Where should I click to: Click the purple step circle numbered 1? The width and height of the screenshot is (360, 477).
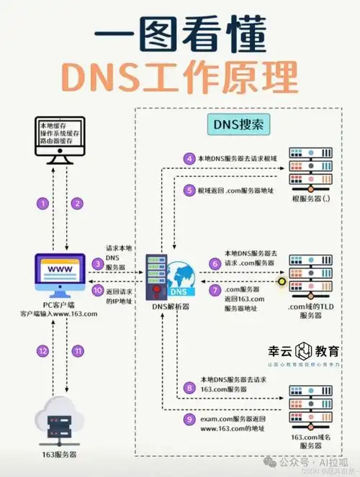(x=43, y=204)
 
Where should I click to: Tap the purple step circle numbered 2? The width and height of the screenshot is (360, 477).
(x=76, y=204)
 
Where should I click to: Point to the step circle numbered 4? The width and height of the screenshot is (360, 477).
(x=189, y=159)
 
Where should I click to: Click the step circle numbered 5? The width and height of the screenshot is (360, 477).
(x=189, y=191)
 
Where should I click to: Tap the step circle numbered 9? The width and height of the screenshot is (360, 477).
(x=189, y=419)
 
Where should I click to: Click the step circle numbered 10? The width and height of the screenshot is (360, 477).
(x=98, y=291)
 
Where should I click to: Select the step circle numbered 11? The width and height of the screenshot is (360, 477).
(x=76, y=350)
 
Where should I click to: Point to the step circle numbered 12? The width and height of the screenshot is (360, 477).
(x=43, y=350)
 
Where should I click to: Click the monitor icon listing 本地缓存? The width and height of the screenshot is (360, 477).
(x=59, y=137)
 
